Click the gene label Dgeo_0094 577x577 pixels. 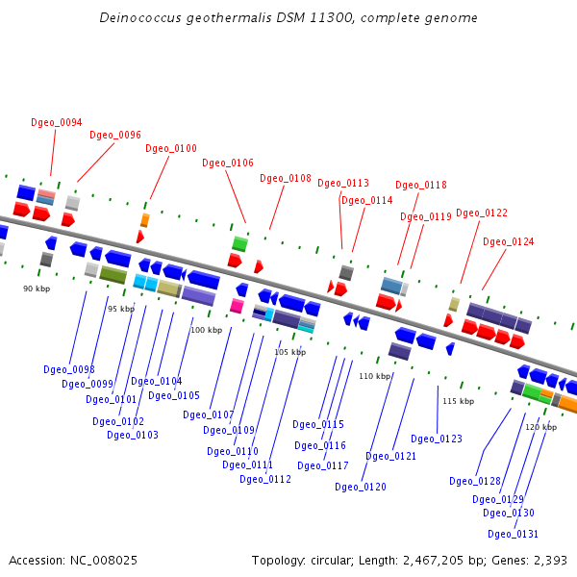[57, 122]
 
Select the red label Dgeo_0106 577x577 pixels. [228, 163]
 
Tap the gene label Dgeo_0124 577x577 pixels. [508, 241]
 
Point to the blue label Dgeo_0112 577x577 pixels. [265, 479]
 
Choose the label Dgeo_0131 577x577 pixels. [513, 534]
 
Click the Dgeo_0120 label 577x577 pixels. [361, 487]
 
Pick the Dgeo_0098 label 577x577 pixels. [69, 369]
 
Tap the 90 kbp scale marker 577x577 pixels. [37, 288]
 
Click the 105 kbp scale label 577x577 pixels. [290, 352]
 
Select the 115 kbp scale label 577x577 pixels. [459, 401]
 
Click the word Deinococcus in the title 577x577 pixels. [140, 17]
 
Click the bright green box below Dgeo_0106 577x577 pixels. [239, 243]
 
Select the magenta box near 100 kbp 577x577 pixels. [237, 306]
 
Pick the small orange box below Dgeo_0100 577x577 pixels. [145, 220]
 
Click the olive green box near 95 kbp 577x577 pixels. [113, 274]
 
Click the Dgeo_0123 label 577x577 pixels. [437, 439]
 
